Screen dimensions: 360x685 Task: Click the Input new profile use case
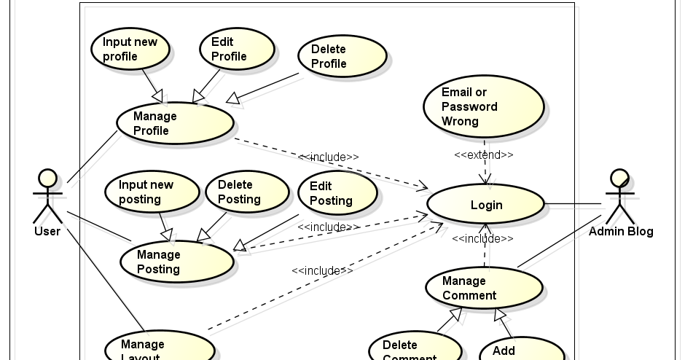coord(130,49)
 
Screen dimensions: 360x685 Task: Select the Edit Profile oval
coord(237,49)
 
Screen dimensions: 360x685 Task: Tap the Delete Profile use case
coord(342,56)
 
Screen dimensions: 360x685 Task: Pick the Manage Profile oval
coord(175,123)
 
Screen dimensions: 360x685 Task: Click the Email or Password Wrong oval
coord(483,106)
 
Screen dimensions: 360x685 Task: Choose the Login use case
coord(485,205)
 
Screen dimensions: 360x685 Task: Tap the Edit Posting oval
coord(337,193)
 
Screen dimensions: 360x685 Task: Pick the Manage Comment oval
coord(484,288)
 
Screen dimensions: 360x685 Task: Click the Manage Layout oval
coord(160,348)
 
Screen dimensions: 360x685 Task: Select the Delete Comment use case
coord(415,348)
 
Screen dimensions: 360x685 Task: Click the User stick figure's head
coord(47,178)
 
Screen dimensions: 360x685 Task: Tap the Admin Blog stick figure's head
coord(619,178)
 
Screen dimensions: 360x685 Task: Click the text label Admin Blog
coord(621,232)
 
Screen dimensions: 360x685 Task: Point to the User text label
coord(47,232)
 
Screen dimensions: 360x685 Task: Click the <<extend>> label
coord(484,154)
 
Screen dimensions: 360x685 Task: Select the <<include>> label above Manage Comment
coord(482,238)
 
